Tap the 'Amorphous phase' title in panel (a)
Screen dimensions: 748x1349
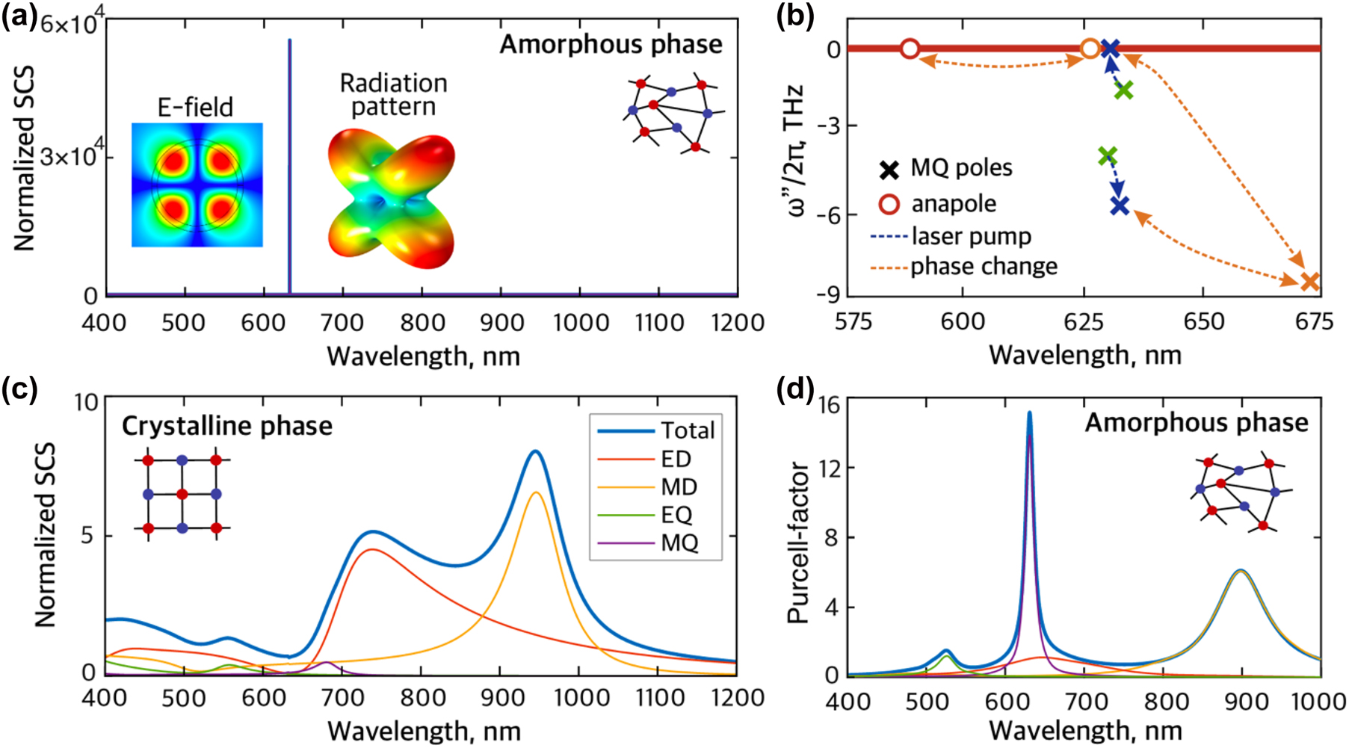click(x=611, y=44)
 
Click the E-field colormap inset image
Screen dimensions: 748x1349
click(x=197, y=185)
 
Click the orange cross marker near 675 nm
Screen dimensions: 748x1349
click(x=1309, y=282)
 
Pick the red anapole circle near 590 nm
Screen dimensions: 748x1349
click(x=910, y=49)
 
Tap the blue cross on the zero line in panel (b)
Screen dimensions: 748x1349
click(x=1111, y=49)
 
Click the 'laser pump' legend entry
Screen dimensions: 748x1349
click(x=971, y=237)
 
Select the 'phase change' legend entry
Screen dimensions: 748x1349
click(x=983, y=267)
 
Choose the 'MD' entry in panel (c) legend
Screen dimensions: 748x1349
click(x=679, y=487)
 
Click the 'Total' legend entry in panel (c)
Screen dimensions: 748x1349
click(x=688, y=431)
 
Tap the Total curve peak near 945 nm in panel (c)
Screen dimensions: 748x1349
click(x=535, y=451)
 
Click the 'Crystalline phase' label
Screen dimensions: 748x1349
click(x=227, y=426)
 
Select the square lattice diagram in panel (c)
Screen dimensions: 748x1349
click(x=182, y=495)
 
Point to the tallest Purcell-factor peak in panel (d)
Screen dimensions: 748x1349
click(x=1029, y=413)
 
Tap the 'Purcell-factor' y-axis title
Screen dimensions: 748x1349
click(x=798, y=542)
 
